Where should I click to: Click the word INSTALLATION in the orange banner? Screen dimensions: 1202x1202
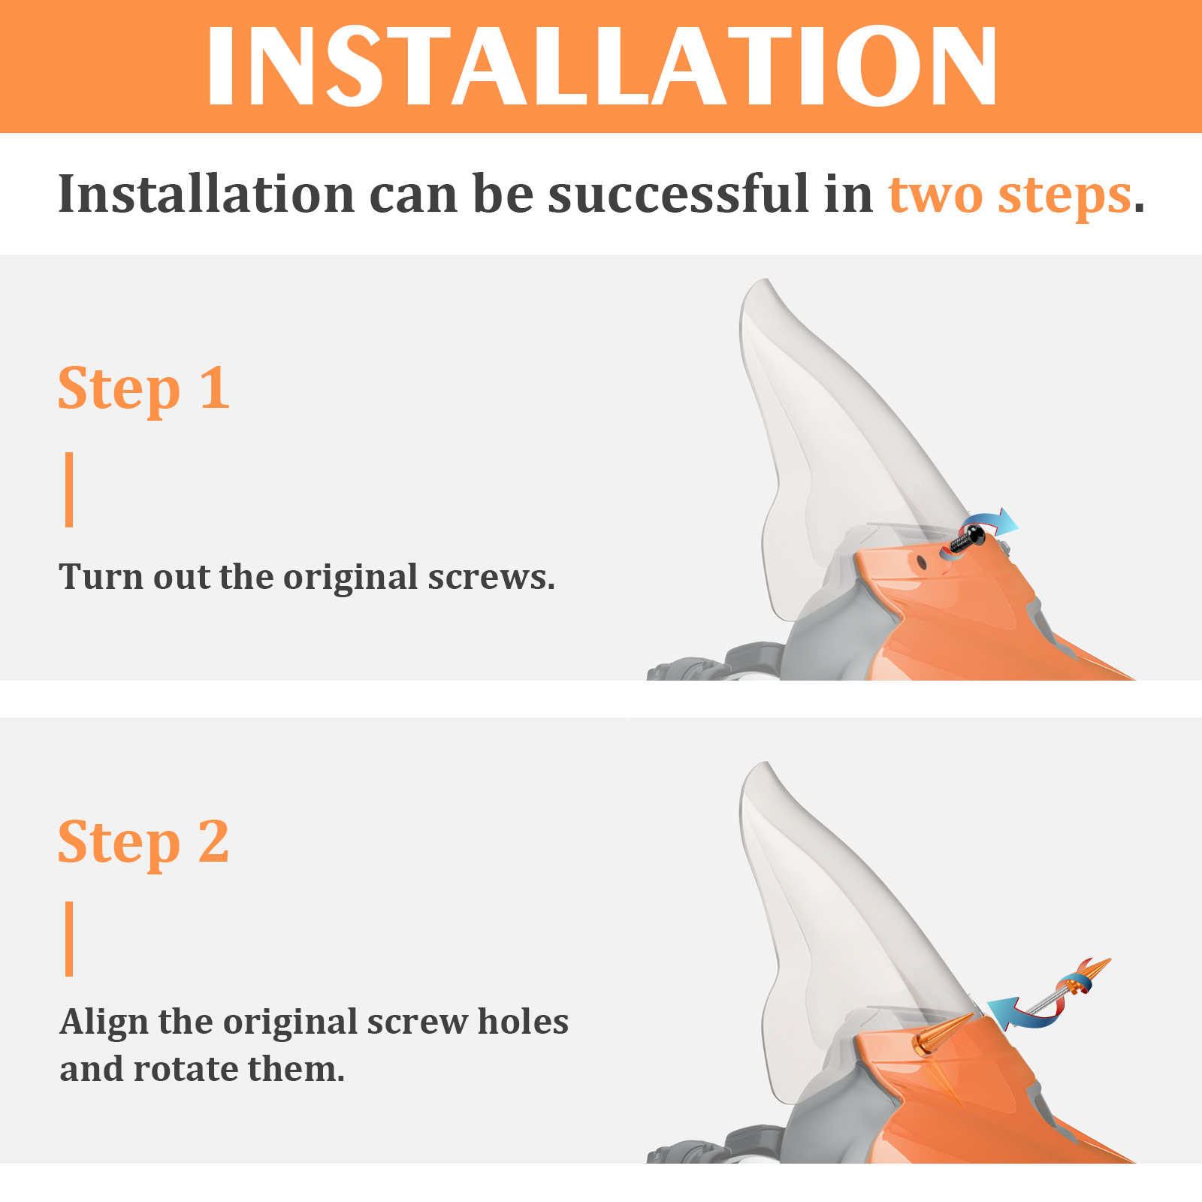coord(602,67)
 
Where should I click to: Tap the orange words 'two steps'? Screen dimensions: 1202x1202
coord(1010,195)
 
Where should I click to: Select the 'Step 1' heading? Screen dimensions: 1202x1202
coord(143,390)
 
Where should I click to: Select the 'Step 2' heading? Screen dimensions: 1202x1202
coord(143,843)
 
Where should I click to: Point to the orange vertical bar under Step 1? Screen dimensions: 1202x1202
coord(69,490)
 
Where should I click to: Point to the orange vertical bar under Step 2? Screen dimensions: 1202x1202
coord(69,939)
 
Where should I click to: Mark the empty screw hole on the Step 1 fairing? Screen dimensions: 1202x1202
coord(922,561)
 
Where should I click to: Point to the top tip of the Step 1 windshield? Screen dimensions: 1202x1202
coord(766,280)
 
